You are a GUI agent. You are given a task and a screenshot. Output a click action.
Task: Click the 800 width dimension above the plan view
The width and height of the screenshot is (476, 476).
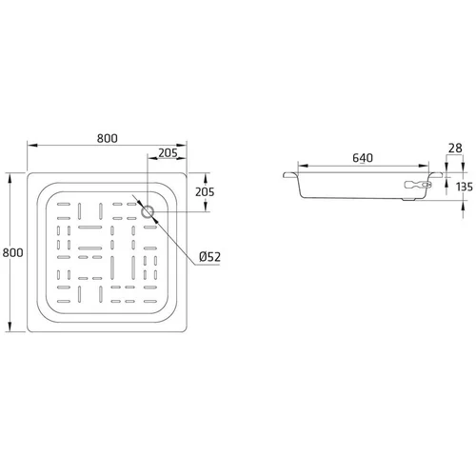click(x=107, y=138)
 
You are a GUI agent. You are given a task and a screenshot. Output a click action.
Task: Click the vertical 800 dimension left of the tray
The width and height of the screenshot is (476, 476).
click(x=12, y=252)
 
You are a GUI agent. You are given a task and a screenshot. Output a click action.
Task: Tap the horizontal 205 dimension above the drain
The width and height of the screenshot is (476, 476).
click(x=168, y=153)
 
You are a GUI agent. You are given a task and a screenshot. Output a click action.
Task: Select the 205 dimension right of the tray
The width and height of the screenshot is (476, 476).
click(x=205, y=192)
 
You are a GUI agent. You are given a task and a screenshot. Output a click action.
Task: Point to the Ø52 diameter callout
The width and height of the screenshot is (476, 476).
click(x=209, y=257)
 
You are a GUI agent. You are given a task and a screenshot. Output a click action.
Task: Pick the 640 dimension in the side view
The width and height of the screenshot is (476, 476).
click(x=363, y=158)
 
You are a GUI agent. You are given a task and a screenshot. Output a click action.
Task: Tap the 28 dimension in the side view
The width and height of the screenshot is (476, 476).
click(x=455, y=149)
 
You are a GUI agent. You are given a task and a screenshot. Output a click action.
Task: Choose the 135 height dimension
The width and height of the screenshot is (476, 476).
click(x=465, y=187)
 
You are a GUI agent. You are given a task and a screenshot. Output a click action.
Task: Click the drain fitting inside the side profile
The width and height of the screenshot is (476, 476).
click(x=418, y=185)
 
